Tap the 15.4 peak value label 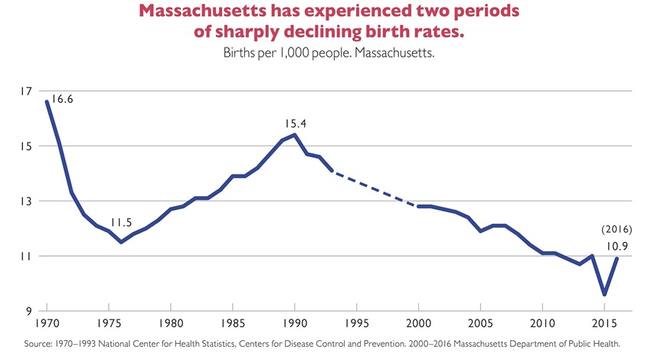(295, 123)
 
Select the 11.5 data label (121, 224)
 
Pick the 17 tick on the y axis (27, 91)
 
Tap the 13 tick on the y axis (27, 201)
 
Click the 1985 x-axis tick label (233, 322)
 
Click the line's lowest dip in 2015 (605, 294)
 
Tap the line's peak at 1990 (295, 135)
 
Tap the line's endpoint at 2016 (617, 258)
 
